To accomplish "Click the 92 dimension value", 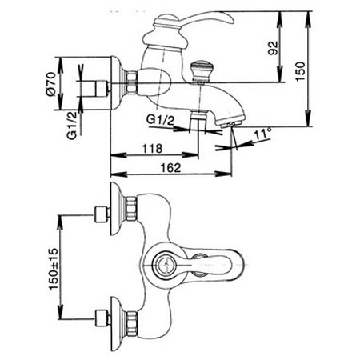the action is click(x=273, y=48).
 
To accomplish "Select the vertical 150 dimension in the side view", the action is click(x=300, y=71).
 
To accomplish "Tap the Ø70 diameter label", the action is click(x=50, y=84).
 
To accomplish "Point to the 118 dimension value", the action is click(x=152, y=149).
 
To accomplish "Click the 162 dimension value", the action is click(x=170, y=168).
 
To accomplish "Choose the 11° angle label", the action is click(x=262, y=134).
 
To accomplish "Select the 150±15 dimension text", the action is click(x=54, y=269).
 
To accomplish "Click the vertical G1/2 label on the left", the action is click(x=72, y=126).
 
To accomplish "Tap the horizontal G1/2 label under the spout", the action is click(x=160, y=120).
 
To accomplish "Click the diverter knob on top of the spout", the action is click(x=200, y=71).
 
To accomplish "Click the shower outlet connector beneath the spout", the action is click(x=198, y=118).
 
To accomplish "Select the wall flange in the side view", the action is click(x=116, y=83).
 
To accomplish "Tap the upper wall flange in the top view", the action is click(x=117, y=209).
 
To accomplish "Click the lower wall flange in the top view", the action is click(x=117, y=323).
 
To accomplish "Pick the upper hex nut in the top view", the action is click(x=132, y=209).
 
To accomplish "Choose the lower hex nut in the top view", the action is click(x=132, y=323).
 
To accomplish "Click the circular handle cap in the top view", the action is click(x=166, y=265).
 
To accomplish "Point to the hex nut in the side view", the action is click(x=132, y=82).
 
